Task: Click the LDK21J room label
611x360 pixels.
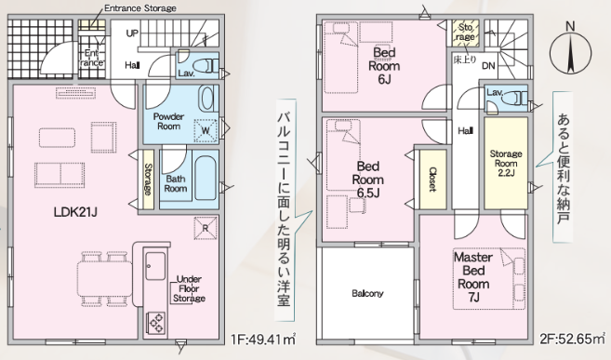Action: point(75,212)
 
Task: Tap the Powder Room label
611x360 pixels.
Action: point(168,121)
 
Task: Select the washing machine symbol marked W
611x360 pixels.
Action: point(206,130)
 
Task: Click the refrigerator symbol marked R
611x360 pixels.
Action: point(206,228)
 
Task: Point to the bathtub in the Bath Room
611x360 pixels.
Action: point(206,178)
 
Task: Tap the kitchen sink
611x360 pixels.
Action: point(155,266)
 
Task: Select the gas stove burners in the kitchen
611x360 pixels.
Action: point(155,323)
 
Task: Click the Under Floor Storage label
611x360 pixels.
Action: point(189,288)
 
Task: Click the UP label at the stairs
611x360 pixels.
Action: point(132,33)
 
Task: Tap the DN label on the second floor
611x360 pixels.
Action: point(488,65)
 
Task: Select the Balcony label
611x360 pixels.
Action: point(367,293)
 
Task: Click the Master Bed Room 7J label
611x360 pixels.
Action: point(473,277)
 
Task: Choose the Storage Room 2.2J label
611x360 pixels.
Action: point(506,164)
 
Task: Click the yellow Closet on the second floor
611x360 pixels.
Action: point(433,180)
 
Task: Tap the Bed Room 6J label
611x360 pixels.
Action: point(384,65)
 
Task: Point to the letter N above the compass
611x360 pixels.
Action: point(570,26)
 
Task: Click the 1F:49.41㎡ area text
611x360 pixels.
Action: point(263,340)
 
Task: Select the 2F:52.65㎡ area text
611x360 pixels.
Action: point(573,339)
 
